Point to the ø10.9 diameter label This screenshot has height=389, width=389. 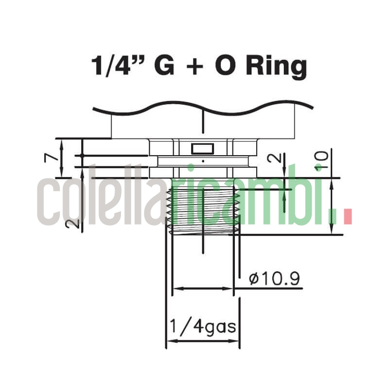(x=274, y=279)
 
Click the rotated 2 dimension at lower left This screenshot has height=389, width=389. (x=73, y=223)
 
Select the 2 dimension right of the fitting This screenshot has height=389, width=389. (x=275, y=159)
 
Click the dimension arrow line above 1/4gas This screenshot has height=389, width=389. (x=203, y=341)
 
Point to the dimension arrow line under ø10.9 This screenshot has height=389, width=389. (x=203, y=288)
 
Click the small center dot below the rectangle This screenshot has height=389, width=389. (x=203, y=159)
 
